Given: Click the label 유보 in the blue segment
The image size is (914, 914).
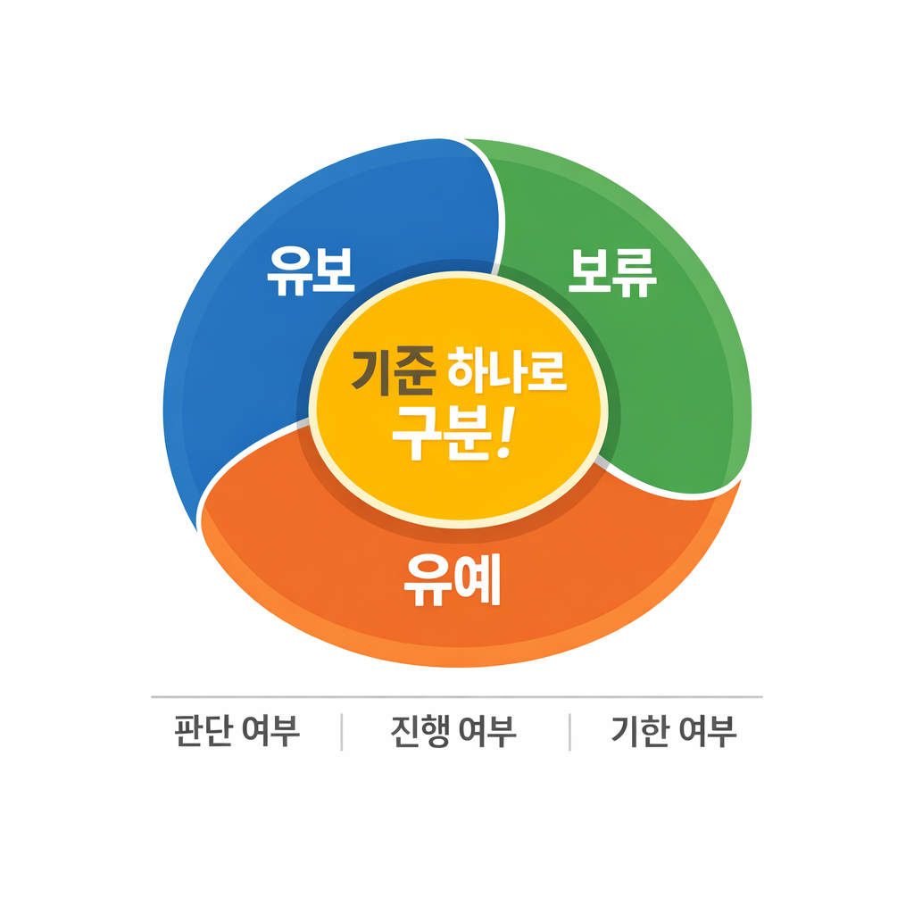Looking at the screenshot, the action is (x=312, y=270).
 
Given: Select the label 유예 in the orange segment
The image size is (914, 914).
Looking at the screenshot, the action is (x=452, y=581).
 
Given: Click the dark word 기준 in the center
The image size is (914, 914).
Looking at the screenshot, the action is (x=393, y=371).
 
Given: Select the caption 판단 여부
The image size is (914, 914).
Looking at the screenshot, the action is (x=237, y=732).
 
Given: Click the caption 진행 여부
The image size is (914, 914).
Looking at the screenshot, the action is (x=453, y=732).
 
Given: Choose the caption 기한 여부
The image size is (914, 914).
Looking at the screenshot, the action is (x=674, y=732).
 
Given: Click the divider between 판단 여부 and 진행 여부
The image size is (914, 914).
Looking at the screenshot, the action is (x=342, y=732).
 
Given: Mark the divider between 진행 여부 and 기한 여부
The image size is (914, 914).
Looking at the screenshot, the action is (x=569, y=732).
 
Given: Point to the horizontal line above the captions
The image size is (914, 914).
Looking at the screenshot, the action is (x=456, y=696).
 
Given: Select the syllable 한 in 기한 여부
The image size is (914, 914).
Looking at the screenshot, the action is (x=656, y=732).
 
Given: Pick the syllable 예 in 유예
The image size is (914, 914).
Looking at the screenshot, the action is (x=478, y=581).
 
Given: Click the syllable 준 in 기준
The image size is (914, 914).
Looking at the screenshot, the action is (x=415, y=371).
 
